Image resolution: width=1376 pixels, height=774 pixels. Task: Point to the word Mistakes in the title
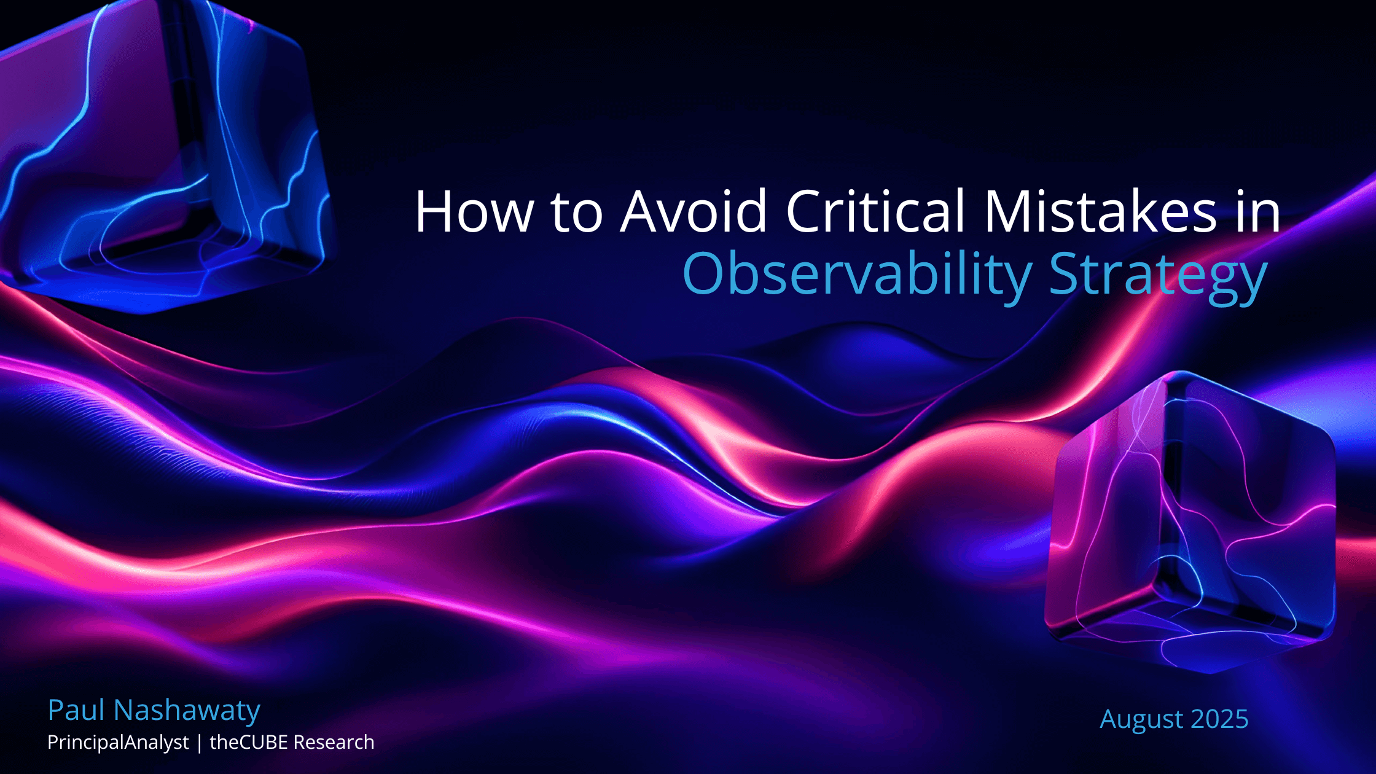[1100, 211]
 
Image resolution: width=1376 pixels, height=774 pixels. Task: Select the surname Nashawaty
[187, 711]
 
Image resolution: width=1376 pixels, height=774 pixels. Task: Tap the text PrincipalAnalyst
[118, 743]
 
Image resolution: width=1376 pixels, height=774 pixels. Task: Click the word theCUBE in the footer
[249, 742]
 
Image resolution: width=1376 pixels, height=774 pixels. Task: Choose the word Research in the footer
[334, 742]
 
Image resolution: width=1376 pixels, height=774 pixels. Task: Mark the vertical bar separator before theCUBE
[199, 743]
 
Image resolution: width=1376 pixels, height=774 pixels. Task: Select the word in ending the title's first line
[1259, 211]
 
